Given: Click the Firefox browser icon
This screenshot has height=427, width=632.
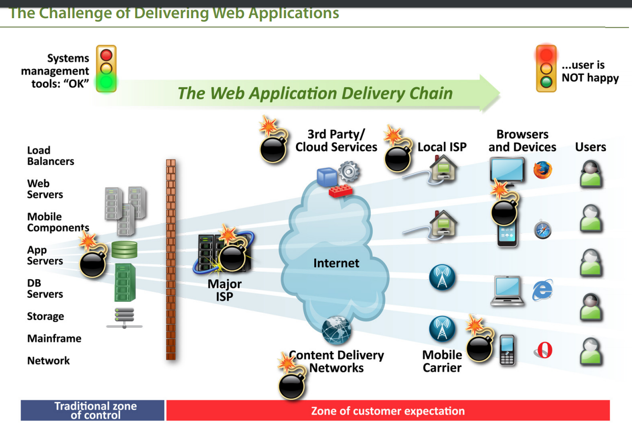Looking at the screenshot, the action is [x=543, y=170].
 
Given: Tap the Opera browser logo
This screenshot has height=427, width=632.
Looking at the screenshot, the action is [x=544, y=350].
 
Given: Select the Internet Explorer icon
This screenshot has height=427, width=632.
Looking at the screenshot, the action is [x=542, y=290].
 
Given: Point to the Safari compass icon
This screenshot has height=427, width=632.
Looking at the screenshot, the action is [x=543, y=230].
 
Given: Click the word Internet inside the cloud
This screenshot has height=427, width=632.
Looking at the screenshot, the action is [x=336, y=263].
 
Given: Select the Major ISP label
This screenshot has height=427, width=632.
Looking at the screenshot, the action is [x=224, y=290].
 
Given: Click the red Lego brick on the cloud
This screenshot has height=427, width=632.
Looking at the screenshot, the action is [x=340, y=191].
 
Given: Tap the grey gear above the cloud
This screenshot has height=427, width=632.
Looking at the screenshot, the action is [x=349, y=172].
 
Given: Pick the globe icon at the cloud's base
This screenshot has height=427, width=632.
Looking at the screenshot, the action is [x=336, y=330].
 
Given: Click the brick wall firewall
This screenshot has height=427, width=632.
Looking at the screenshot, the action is [x=170, y=259].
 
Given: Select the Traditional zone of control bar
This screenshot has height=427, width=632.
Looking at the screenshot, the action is [x=92, y=410].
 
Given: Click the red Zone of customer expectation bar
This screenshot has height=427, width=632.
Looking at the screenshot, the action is [x=388, y=410].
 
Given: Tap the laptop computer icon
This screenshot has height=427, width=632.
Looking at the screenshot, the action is [x=507, y=291].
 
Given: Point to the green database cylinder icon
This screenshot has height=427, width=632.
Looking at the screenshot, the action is [x=125, y=250].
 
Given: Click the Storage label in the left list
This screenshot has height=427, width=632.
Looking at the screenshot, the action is [x=45, y=316].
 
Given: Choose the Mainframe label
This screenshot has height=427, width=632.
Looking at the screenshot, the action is [x=54, y=338].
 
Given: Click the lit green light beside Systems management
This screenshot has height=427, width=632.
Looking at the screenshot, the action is [x=106, y=82].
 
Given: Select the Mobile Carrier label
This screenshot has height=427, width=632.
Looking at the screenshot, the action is [x=442, y=361].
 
